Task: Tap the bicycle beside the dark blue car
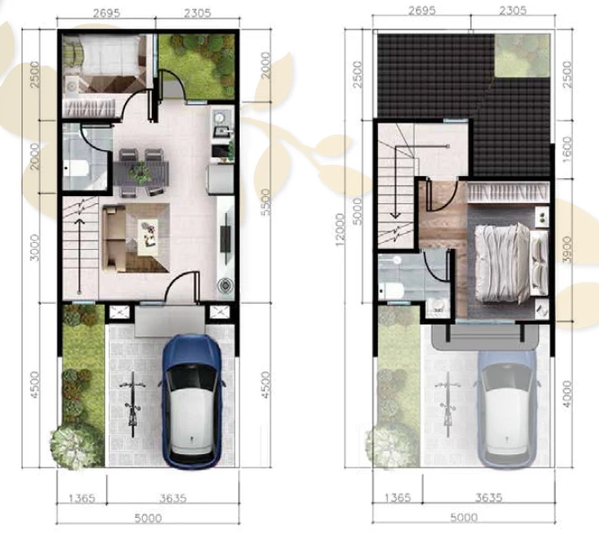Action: point(133,405)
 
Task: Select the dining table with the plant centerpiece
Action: point(141,174)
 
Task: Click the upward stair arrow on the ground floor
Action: point(79,256)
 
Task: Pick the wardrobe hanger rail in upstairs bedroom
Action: point(507,192)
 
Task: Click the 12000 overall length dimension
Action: point(340,229)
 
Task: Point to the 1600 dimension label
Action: point(567,148)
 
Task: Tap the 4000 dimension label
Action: point(568,394)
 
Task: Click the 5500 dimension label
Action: point(266,202)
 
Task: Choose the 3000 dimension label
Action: point(34,248)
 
